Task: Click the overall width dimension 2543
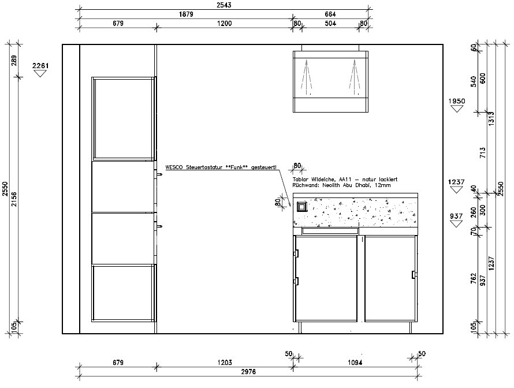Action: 224,5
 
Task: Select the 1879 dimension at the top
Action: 186,14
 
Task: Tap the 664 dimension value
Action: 330,14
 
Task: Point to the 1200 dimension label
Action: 224,23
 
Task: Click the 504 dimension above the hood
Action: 330,23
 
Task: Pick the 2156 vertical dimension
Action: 14,199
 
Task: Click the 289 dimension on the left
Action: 14,61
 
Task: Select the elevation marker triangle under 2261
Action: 40,74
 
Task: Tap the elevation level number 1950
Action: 457,101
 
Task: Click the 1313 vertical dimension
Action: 491,118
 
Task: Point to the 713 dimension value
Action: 482,152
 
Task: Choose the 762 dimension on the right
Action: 473,278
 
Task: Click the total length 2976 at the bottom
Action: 248,372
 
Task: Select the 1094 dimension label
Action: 355,363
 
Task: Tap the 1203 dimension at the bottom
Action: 224,363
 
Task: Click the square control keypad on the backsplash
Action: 302,207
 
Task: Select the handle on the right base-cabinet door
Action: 414,275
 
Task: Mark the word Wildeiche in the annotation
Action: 323,179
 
